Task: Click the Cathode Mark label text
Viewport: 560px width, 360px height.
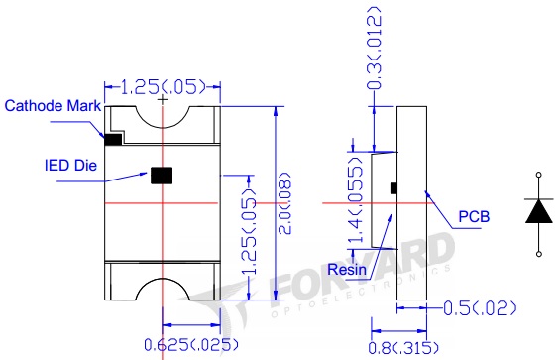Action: (53, 106)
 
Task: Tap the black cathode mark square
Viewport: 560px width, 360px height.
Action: (113, 140)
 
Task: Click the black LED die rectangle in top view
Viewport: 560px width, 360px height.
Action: (162, 176)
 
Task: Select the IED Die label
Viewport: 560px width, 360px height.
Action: (70, 166)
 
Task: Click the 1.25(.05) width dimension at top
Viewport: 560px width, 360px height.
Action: (163, 87)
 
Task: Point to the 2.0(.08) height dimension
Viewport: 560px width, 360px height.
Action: (284, 203)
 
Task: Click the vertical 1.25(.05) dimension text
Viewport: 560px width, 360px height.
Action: (250, 231)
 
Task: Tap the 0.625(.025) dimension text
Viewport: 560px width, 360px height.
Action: (190, 345)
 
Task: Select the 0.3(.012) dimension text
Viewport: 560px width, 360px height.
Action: (375, 48)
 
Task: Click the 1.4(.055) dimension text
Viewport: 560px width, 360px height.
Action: (356, 199)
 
